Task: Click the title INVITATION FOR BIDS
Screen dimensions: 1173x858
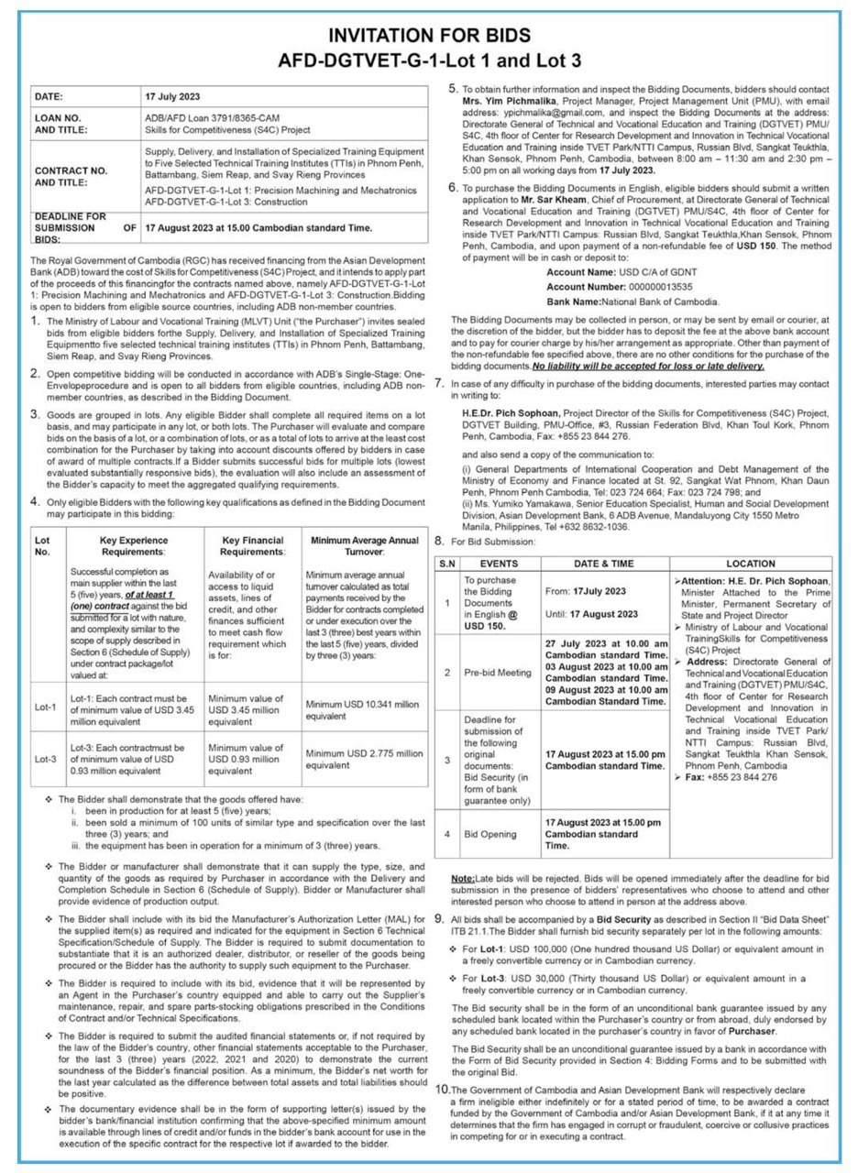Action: click(429, 36)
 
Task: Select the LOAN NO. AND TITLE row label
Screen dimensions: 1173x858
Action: click(65, 124)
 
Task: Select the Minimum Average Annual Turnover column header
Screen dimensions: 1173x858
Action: click(365, 546)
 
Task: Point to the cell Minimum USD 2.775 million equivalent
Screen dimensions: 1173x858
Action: click(365, 759)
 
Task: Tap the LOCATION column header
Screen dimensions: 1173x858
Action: click(750, 564)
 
